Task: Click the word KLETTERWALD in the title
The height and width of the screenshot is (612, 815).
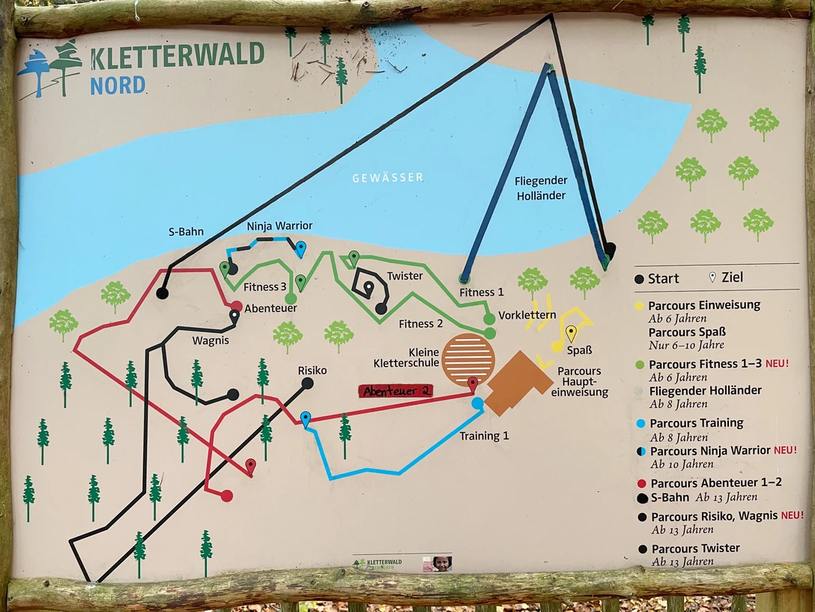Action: point(178,55)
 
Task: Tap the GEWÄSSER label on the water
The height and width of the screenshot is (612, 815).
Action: point(388,178)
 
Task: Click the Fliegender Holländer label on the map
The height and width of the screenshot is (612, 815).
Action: point(541,188)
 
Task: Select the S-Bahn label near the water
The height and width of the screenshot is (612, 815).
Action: point(186,232)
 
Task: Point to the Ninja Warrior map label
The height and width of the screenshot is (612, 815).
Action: point(279,226)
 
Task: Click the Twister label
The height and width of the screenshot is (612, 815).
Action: point(405,276)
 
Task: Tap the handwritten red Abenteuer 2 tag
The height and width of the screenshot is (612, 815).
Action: point(396,391)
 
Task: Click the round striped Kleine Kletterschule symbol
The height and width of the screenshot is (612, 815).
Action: point(468,359)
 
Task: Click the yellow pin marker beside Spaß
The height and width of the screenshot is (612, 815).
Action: point(572,333)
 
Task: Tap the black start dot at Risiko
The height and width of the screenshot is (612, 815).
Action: point(307,383)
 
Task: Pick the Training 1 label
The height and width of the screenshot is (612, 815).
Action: point(484,436)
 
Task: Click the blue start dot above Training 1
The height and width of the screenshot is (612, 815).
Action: point(478,403)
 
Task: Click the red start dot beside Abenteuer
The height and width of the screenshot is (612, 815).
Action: point(236,306)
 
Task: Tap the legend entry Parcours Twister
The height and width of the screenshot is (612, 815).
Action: point(695,548)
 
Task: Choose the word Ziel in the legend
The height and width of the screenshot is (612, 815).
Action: point(732,278)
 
